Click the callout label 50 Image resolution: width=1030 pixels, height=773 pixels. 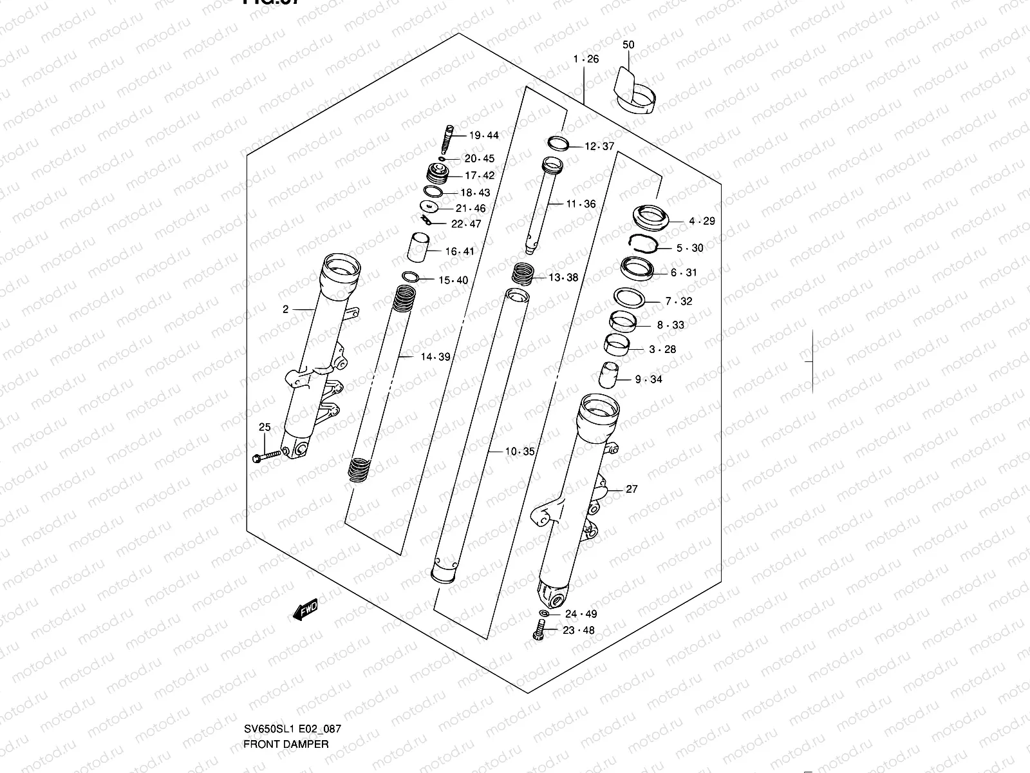point(628,45)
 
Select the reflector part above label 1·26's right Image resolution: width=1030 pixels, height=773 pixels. point(634,90)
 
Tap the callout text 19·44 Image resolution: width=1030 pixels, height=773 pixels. point(483,135)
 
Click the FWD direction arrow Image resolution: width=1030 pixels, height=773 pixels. point(305,609)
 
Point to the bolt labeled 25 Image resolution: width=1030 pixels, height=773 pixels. point(268,455)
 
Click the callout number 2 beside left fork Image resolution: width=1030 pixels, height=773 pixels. point(285,309)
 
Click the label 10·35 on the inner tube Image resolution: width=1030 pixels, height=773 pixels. point(520,452)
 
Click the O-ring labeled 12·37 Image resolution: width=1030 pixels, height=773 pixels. point(557,143)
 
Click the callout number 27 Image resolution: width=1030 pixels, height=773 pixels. point(632,489)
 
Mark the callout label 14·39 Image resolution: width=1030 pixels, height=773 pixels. point(435,357)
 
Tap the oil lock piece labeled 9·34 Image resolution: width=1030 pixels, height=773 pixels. point(609,376)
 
